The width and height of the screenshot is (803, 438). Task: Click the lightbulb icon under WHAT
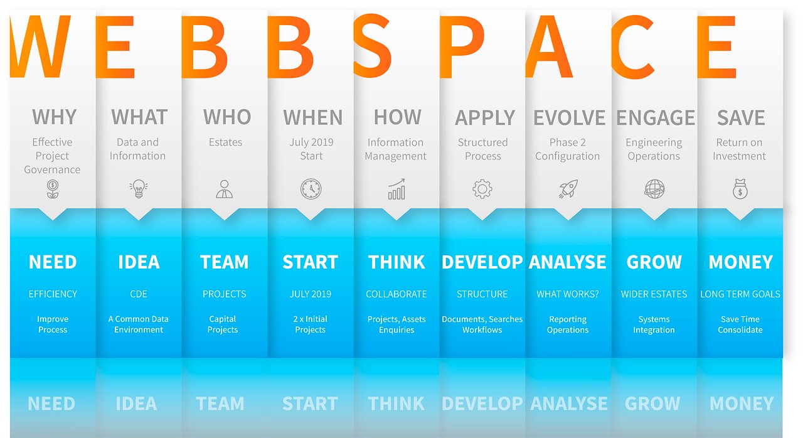pos(139,188)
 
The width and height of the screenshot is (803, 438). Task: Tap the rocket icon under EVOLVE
pos(568,188)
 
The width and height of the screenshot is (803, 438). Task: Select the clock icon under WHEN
pos(311,189)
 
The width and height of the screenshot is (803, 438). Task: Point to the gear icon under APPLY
pos(482,189)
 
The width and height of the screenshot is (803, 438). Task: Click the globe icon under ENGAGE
pos(654,189)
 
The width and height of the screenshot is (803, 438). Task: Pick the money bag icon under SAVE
pos(740,189)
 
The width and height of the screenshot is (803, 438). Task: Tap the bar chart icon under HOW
pos(396,189)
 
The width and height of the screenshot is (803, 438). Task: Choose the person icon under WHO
pos(225,189)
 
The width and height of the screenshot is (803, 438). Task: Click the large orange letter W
pos(40,46)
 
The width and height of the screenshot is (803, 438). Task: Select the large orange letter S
pos(372,46)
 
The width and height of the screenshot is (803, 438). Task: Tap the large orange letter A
pos(548,46)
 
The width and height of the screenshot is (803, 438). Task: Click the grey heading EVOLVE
pos(569,117)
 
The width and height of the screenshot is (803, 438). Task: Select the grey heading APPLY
pos(485,117)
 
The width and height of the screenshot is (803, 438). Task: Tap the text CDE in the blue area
pos(139,294)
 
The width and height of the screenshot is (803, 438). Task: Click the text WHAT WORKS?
pos(568,294)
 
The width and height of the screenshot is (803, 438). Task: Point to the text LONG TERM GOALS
pos(740,294)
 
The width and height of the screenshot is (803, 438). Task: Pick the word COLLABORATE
pos(396,294)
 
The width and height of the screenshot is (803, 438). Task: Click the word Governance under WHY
pos(52,169)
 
